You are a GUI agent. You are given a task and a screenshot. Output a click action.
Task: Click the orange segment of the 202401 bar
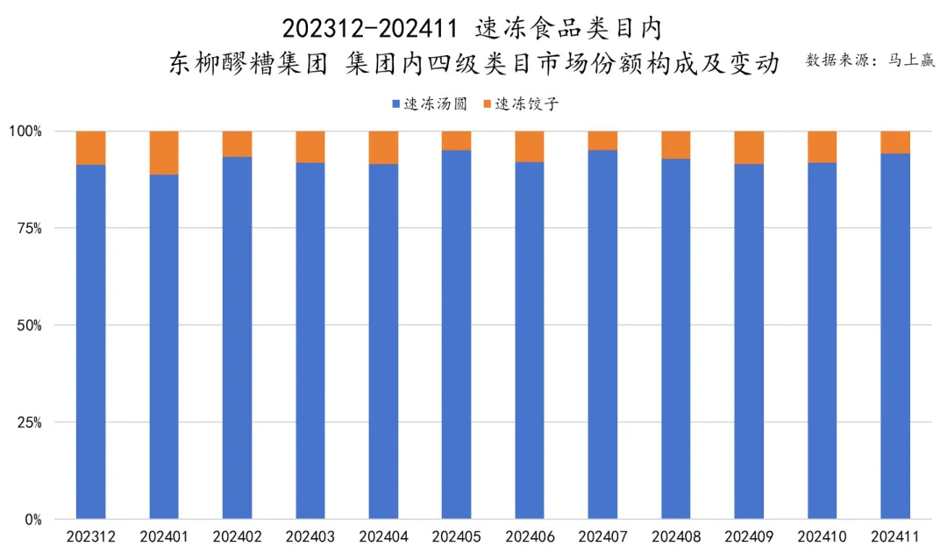tap(164, 153)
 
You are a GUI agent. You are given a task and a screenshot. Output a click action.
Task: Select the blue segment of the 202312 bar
tap(91, 342)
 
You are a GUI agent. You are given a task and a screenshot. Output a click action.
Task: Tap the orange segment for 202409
tap(749, 147)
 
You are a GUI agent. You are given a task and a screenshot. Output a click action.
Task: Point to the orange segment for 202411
tap(895, 142)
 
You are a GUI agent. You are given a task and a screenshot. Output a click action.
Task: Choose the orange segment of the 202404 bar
tap(383, 147)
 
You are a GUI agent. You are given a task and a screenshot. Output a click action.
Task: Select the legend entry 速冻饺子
tap(526, 103)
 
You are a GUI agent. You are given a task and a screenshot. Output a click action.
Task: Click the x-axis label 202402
tap(237, 536)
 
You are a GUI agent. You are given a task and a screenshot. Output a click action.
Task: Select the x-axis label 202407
tap(602, 536)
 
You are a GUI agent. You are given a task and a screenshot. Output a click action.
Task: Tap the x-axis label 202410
tap(822, 536)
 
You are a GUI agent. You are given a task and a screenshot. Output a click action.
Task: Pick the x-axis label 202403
tap(310, 536)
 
